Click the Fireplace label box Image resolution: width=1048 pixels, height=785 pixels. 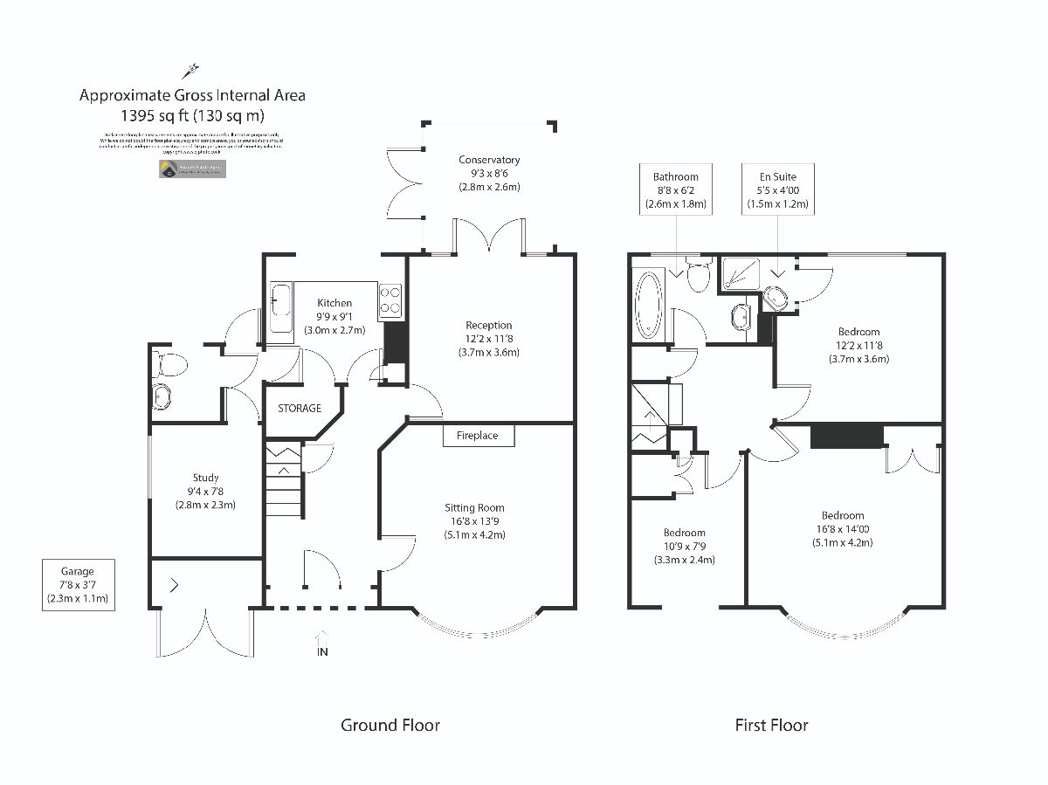[478, 435]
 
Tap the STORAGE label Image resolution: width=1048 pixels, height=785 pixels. [300, 408]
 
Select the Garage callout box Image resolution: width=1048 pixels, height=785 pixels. [78, 586]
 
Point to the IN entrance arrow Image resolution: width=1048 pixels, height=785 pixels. [323, 644]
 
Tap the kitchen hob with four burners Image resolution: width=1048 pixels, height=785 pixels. [390, 301]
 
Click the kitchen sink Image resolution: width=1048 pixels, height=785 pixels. [282, 307]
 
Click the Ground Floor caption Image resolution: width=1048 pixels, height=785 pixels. [390, 725]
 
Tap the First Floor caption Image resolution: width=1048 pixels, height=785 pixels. [771, 725]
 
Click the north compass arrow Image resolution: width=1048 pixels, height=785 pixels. [191, 70]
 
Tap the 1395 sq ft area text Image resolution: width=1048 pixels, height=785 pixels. [192, 114]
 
